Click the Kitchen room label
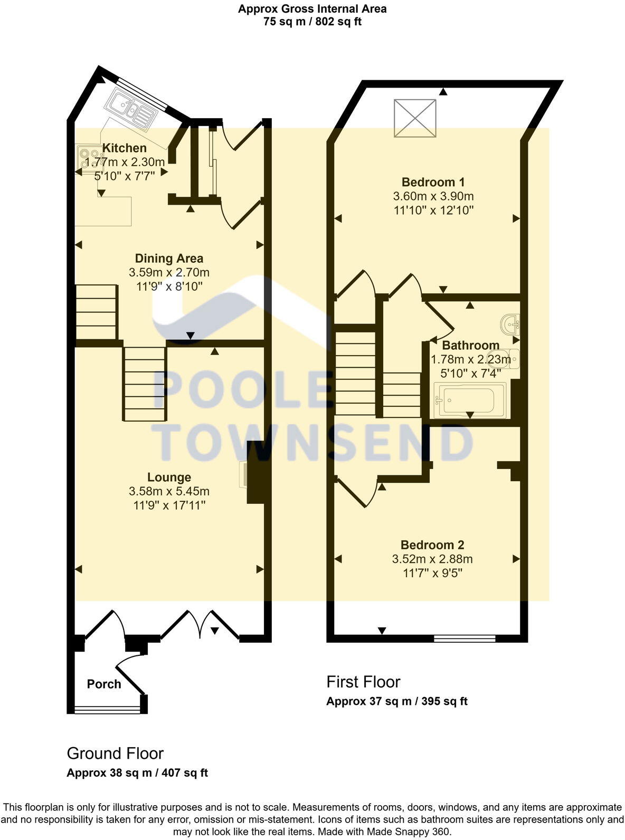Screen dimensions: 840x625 tap(125, 148)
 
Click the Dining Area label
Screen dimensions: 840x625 tap(169, 259)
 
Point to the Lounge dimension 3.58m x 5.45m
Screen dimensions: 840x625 tap(169, 491)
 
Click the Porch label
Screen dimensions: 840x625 tap(104, 684)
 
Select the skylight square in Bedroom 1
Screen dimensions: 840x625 tap(415, 118)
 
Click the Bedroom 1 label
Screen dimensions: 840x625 tap(433, 183)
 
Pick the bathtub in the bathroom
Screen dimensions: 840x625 tap(469, 400)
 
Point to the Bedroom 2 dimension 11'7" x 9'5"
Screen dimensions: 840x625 tap(433, 573)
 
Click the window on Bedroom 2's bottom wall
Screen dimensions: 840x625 tap(465, 638)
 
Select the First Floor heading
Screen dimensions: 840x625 tap(363, 682)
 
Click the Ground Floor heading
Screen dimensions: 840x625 tap(115, 753)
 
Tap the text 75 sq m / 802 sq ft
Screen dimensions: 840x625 tap(312, 22)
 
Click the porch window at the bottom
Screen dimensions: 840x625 tap(107, 710)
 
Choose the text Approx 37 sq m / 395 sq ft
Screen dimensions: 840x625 tap(396, 701)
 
